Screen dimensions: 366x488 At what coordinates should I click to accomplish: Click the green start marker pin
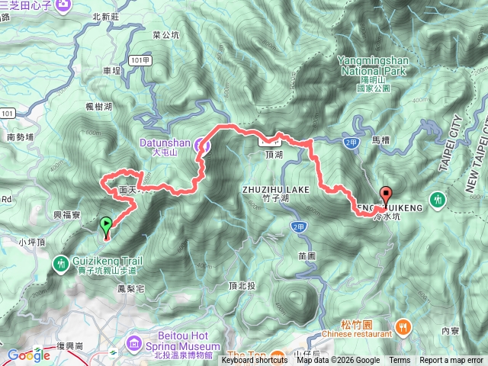(x=105, y=224)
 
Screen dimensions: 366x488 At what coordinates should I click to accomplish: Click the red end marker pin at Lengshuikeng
(x=385, y=194)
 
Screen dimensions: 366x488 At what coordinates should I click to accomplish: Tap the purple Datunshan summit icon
(x=201, y=143)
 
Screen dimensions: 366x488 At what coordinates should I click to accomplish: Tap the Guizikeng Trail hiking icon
(x=60, y=263)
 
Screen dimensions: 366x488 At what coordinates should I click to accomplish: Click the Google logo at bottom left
(x=29, y=355)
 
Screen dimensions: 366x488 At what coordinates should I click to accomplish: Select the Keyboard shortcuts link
(x=255, y=361)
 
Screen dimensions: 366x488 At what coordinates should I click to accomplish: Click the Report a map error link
(x=451, y=361)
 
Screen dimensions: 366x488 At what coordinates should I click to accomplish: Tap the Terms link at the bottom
(x=400, y=361)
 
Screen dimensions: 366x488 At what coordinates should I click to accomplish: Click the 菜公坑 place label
(x=165, y=35)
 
